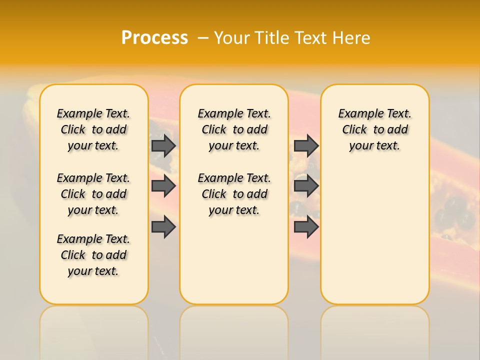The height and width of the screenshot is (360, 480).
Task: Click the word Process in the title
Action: point(154,38)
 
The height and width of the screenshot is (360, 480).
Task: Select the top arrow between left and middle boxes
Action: point(163,146)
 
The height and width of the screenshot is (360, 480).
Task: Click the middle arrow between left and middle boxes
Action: point(163,186)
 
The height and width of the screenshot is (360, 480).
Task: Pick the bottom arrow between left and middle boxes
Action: point(163,226)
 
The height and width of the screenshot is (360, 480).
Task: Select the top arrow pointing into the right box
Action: point(306,145)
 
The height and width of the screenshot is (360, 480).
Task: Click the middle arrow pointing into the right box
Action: point(306,186)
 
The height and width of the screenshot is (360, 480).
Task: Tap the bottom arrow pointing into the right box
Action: point(306,226)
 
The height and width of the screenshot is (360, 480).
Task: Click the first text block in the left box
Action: point(93,129)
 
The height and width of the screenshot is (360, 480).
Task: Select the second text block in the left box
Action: point(93,194)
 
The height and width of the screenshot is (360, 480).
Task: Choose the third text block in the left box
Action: point(93,255)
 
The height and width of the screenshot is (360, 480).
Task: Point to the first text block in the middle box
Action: point(234,129)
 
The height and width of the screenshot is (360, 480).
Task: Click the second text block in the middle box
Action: point(234,194)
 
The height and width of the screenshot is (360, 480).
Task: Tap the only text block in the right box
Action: point(375,129)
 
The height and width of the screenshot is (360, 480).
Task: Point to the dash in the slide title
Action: point(203,38)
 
